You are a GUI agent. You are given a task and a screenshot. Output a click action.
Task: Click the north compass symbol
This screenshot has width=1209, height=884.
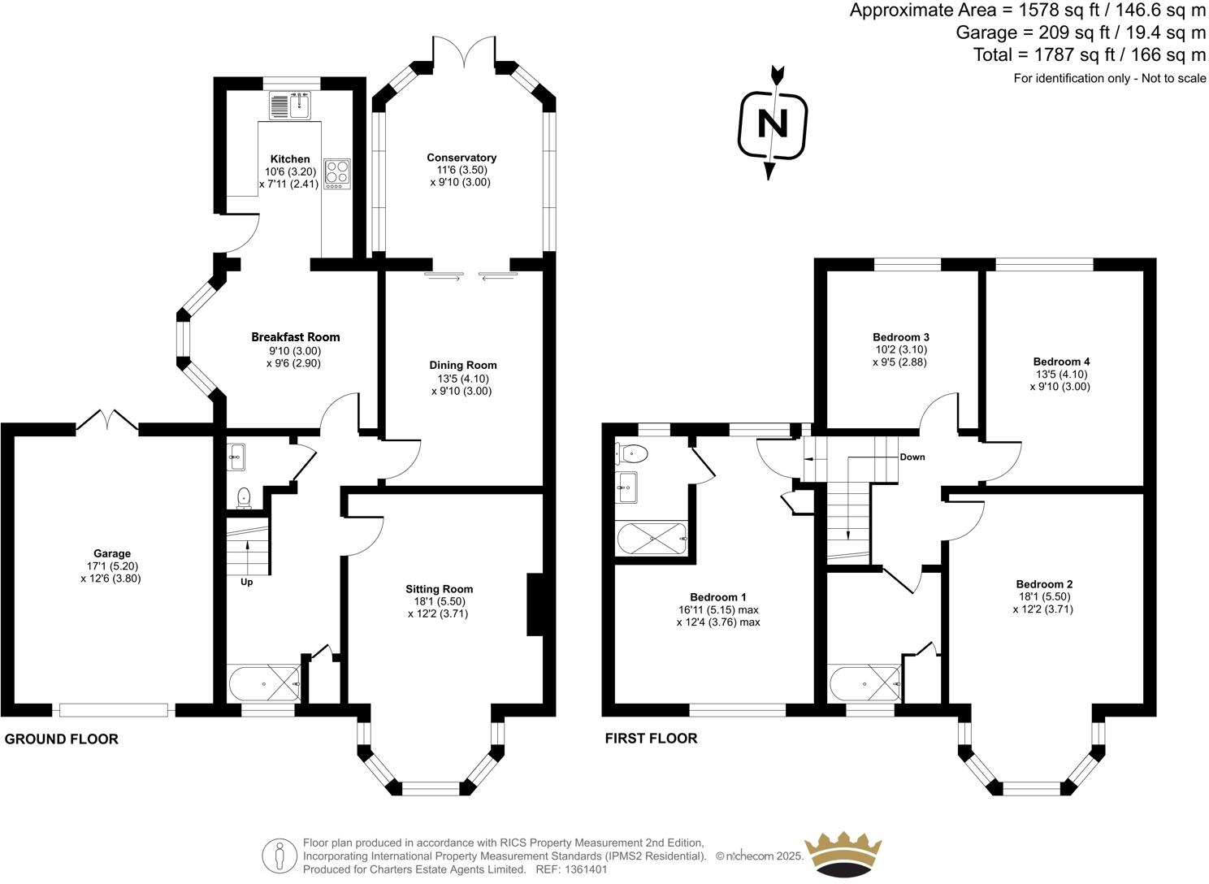(773, 124)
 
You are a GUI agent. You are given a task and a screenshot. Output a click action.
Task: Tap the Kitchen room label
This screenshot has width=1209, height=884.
(290, 159)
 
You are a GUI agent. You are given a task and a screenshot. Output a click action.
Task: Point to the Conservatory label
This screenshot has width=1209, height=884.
(461, 158)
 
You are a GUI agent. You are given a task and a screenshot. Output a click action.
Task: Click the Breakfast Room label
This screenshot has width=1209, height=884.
(295, 337)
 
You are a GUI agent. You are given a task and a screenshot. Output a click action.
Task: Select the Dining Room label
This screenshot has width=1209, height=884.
(462, 366)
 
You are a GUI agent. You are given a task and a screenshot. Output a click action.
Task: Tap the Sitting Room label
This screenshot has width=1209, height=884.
(439, 589)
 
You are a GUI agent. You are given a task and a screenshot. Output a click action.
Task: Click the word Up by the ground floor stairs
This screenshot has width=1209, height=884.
(246, 582)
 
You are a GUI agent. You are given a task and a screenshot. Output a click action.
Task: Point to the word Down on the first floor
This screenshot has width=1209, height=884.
(912, 457)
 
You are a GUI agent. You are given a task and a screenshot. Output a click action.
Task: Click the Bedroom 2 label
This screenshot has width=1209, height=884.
(1044, 584)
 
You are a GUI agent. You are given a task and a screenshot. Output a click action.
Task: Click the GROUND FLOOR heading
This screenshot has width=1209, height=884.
(62, 739)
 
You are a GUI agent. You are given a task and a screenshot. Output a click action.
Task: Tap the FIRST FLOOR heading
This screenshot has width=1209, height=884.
(651, 739)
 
